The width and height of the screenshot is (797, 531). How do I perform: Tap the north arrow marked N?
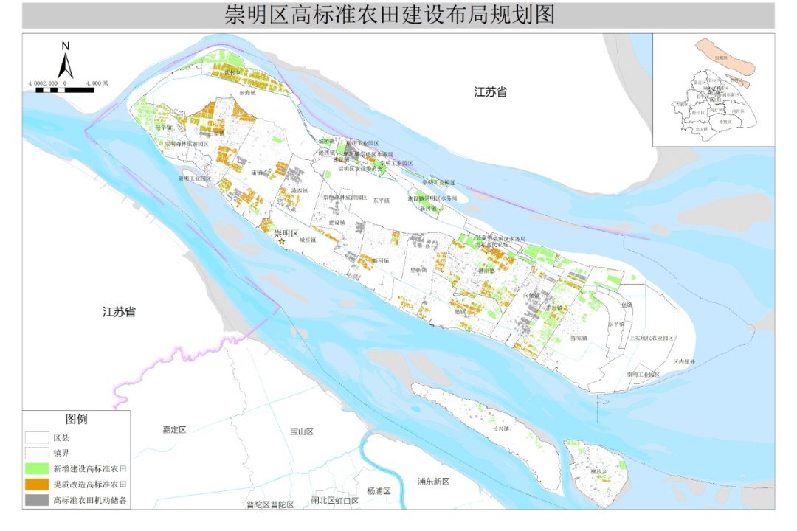(x=66, y=63)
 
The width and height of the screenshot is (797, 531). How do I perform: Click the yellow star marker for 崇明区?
(x=281, y=241)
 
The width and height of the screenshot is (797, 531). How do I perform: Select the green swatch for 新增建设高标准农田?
(x=36, y=468)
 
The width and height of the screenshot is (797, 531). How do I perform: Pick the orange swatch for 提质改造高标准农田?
(x=36, y=485)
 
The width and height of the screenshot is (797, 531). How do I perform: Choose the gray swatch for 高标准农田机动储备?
(x=36, y=501)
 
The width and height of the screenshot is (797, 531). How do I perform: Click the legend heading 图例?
(x=76, y=420)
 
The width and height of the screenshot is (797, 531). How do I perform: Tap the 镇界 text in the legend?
(x=62, y=452)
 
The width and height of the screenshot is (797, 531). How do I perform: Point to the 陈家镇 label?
(x=579, y=338)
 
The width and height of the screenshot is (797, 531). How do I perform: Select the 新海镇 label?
(x=247, y=94)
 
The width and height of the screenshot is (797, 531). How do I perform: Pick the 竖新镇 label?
(x=418, y=270)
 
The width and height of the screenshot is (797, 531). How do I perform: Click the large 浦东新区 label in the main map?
(x=433, y=482)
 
